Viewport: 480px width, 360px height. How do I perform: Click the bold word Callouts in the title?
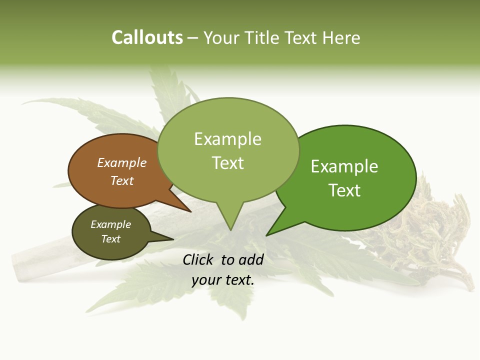pos(147,37)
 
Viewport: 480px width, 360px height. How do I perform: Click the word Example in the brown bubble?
pos(121,162)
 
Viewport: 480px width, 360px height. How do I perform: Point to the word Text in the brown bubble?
pos(121,180)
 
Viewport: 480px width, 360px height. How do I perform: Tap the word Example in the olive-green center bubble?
pos(227,139)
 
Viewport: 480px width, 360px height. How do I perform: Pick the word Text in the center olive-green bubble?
pos(227,163)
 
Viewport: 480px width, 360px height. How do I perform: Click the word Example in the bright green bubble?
pos(344,166)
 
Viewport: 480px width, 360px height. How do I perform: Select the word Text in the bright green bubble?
pos(344,190)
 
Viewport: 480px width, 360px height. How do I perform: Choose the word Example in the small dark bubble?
pos(110,224)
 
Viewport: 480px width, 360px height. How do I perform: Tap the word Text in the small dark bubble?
pos(110,239)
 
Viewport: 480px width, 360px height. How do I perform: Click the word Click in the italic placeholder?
pos(199,259)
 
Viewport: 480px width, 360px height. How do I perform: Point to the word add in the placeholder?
pos(251,259)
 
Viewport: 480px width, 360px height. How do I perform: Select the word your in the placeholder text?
pos(205,280)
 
